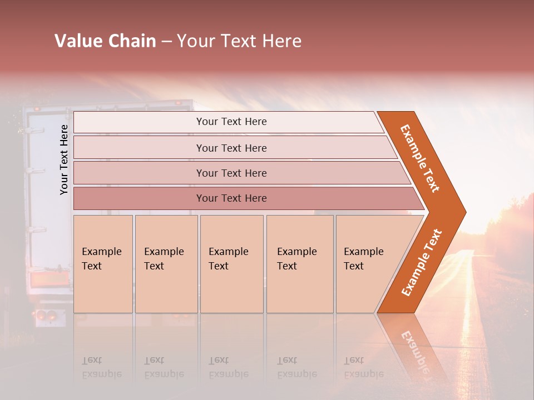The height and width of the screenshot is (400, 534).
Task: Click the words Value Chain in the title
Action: (x=105, y=41)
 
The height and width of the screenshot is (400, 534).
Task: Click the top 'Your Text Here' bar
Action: (x=231, y=122)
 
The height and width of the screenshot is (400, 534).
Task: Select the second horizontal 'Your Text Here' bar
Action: (x=231, y=148)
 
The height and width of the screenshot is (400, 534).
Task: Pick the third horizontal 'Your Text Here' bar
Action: (x=231, y=173)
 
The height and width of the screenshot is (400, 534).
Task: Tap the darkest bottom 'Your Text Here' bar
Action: (x=231, y=198)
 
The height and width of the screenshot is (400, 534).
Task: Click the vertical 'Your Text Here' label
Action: (x=64, y=159)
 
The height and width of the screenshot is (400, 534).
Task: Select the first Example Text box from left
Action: (x=103, y=263)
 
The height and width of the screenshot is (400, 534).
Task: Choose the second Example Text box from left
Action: (x=166, y=263)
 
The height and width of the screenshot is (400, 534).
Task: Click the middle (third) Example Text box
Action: (x=231, y=263)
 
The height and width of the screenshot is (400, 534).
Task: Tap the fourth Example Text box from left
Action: (x=299, y=263)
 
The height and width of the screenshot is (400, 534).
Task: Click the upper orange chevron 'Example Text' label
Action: (x=420, y=158)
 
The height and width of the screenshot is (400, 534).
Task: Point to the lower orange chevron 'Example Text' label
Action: (x=422, y=262)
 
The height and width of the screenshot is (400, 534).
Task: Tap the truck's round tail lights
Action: (x=46, y=316)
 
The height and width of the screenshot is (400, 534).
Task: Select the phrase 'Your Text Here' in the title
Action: (x=239, y=41)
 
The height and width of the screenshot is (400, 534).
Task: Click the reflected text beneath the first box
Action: (x=101, y=367)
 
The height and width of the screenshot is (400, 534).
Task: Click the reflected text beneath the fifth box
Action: (x=363, y=367)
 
